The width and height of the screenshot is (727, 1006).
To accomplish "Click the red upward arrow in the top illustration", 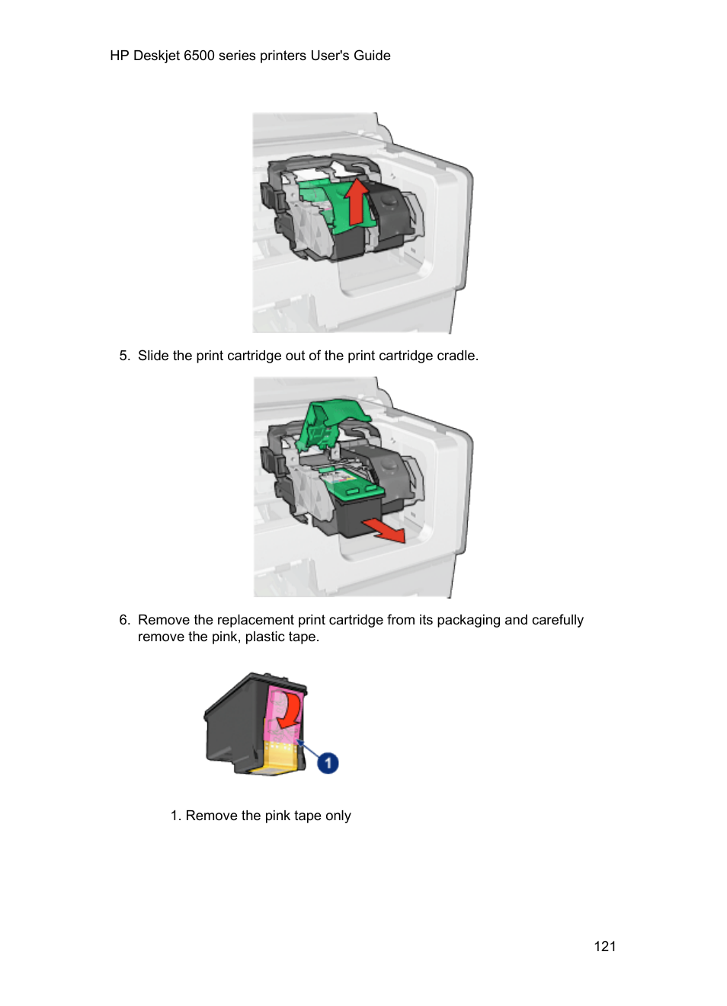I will (x=356, y=202).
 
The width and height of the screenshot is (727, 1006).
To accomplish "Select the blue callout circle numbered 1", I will (x=328, y=762).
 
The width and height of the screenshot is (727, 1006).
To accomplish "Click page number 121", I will (x=604, y=947).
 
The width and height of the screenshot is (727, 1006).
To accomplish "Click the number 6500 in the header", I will (x=199, y=56).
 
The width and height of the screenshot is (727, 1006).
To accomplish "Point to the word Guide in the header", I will (x=372, y=56).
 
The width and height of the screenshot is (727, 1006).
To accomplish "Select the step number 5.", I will (x=124, y=356).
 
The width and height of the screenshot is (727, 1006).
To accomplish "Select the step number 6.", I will (x=124, y=620).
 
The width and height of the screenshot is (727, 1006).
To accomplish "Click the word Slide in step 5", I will (x=153, y=356).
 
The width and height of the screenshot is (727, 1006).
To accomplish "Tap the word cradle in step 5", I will (x=457, y=356).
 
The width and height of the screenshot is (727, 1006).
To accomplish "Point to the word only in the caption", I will (x=338, y=816).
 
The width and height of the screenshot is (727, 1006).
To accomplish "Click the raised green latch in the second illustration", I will (x=330, y=423).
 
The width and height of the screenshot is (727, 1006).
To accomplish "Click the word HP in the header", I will (x=120, y=56).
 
